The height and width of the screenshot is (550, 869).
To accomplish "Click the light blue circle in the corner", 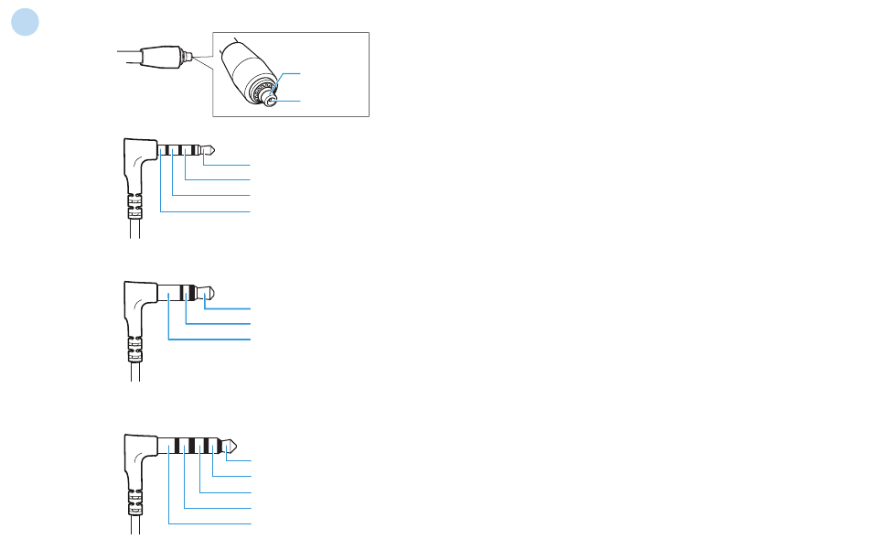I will point(26,23).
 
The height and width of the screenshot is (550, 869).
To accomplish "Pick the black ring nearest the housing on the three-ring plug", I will point(165,150).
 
